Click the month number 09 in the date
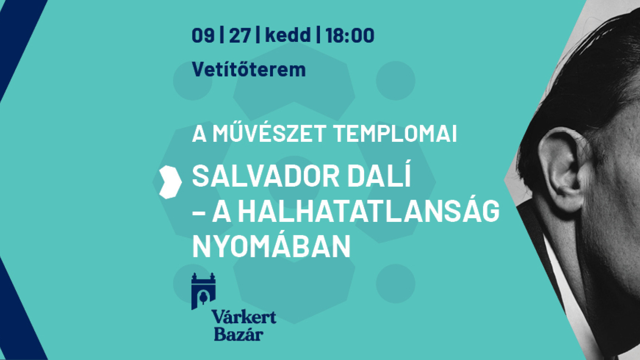(x=203, y=36)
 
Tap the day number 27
(x=240, y=36)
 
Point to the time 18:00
(x=350, y=36)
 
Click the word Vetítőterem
(x=249, y=69)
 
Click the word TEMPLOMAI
(x=395, y=134)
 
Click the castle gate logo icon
(x=203, y=291)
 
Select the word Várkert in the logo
(x=244, y=317)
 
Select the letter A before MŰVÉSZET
(x=199, y=134)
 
